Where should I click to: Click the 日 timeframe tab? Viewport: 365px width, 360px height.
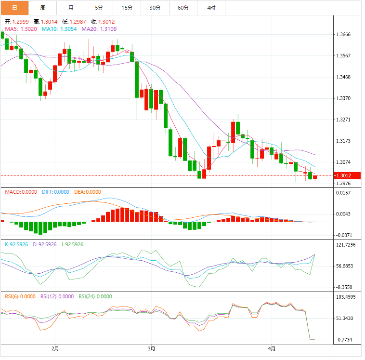coord(14,8)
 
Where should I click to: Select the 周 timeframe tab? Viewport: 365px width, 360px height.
coord(43,8)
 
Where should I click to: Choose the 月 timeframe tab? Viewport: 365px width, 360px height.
coord(71,8)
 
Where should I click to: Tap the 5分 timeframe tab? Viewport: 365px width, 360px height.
coord(99,8)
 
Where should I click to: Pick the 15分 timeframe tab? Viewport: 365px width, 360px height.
coord(127,8)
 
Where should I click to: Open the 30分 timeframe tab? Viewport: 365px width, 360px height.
coord(155,8)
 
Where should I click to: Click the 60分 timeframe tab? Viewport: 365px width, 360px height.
coord(183,8)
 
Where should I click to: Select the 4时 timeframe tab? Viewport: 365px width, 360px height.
coord(211,8)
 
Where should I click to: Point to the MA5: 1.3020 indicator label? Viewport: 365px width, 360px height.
coord(20,29)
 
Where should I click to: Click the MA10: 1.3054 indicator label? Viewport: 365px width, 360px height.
coord(60,29)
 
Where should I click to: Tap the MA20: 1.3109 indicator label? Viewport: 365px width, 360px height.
coord(99,29)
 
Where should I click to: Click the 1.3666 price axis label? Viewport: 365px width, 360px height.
coord(346,35)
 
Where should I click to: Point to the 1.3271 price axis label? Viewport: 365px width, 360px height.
coord(346,120)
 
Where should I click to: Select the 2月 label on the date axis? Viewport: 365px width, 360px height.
coord(55,348)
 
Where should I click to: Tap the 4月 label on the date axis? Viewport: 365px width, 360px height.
coord(272,348)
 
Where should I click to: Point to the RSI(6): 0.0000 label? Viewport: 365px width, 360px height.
coord(20,297)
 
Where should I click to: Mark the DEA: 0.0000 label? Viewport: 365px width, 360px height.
coord(88,192)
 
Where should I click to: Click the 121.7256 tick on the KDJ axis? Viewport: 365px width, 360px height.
coord(348,245)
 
